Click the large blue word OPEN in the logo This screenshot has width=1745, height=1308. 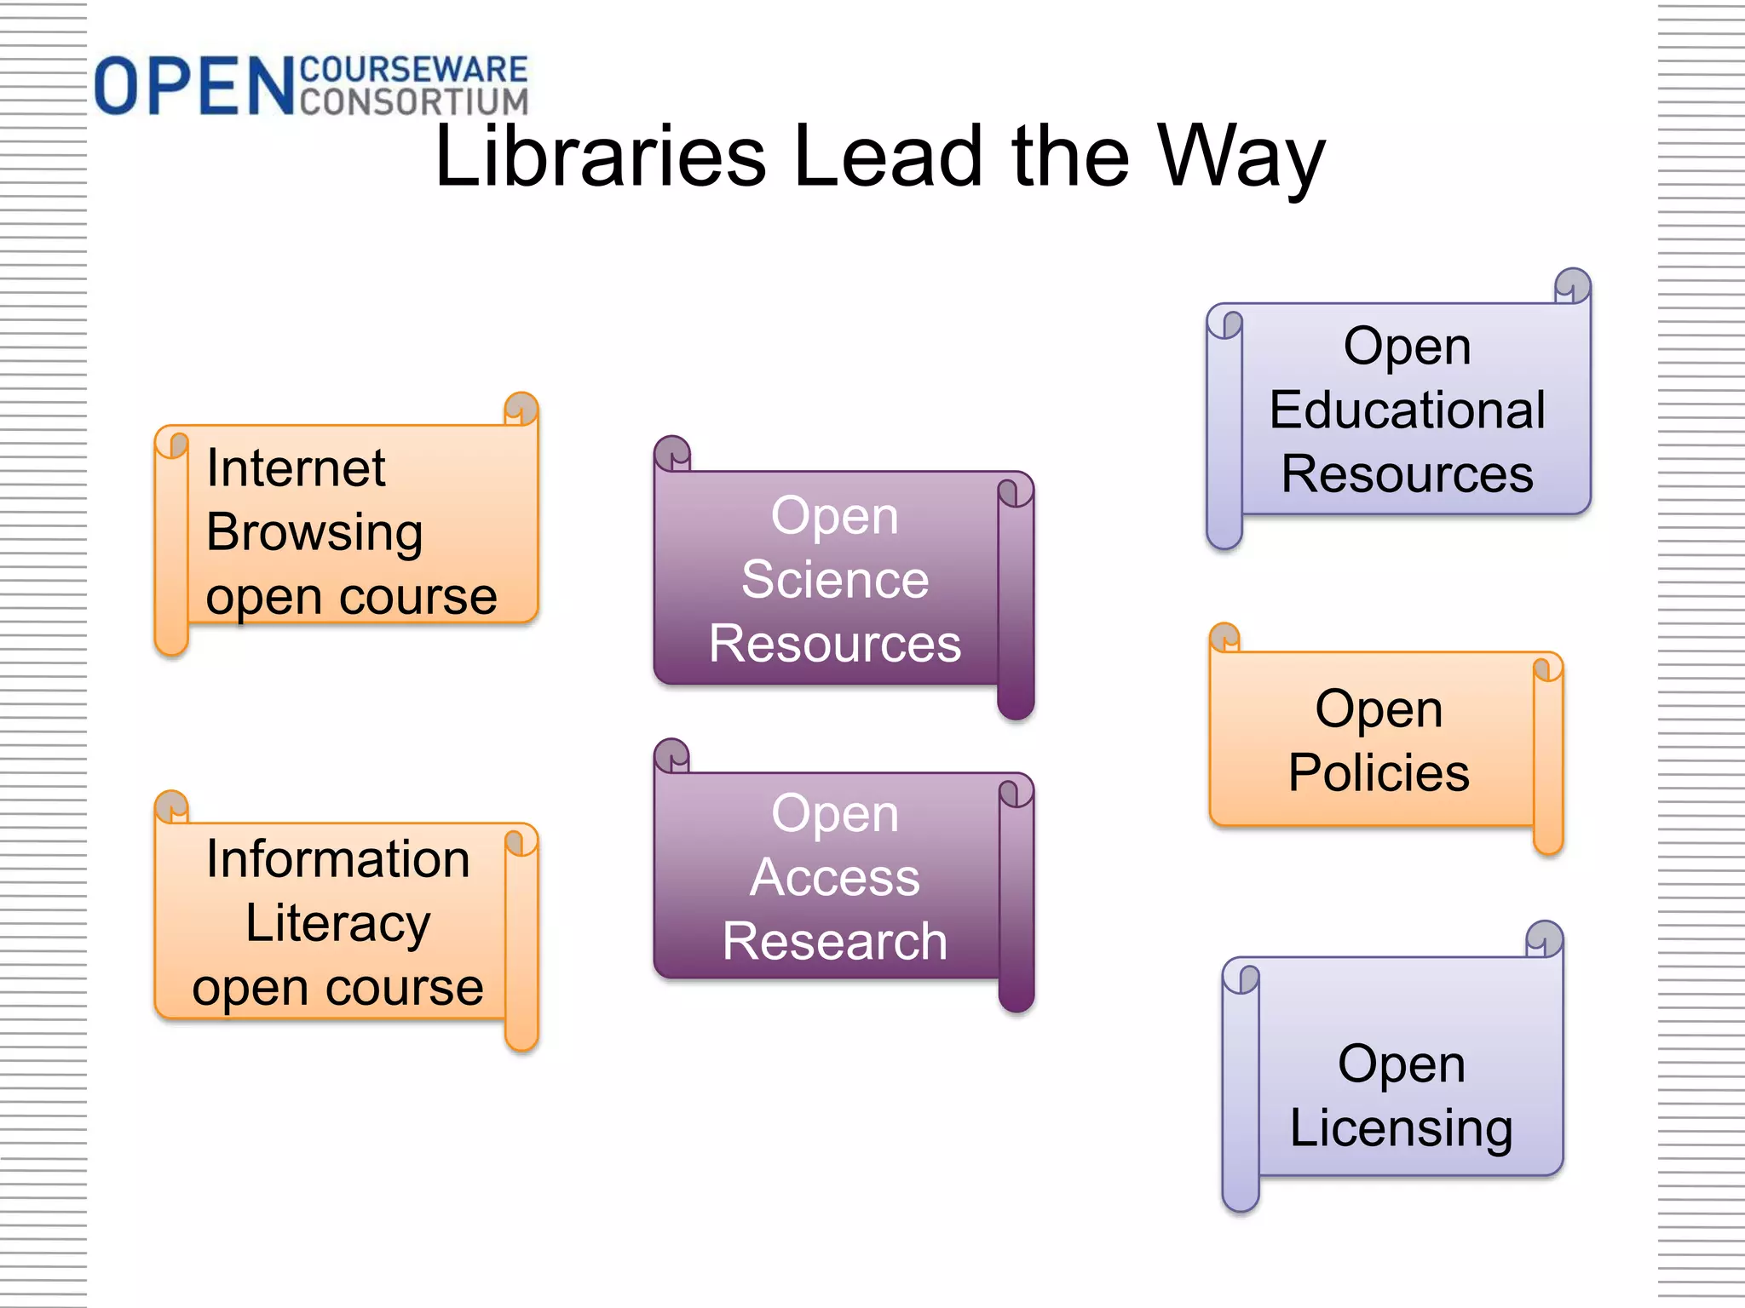[x=194, y=86]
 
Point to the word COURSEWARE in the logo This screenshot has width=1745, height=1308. [x=414, y=70]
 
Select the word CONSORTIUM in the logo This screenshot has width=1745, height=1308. [x=414, y=101]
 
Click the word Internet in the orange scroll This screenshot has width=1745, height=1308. [x=296, y=468]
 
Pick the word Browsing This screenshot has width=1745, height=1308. [x=314, y=533]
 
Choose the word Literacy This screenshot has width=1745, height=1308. [x=338, y=923]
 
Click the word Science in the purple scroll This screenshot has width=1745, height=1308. [x=835, y=580]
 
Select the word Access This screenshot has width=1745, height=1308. [x=835, y=877]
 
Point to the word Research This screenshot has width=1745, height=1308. [x=835, y=941]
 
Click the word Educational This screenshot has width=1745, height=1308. [x=1407, y=410]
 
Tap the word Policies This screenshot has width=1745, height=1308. [x=1379, y=772]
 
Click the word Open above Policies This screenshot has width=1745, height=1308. [x=1379, y=708]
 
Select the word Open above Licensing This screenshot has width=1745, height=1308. [x=1401, y=1064]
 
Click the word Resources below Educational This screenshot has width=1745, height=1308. [x=1407, y=473]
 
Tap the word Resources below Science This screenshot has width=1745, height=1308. [x=835, y=644]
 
